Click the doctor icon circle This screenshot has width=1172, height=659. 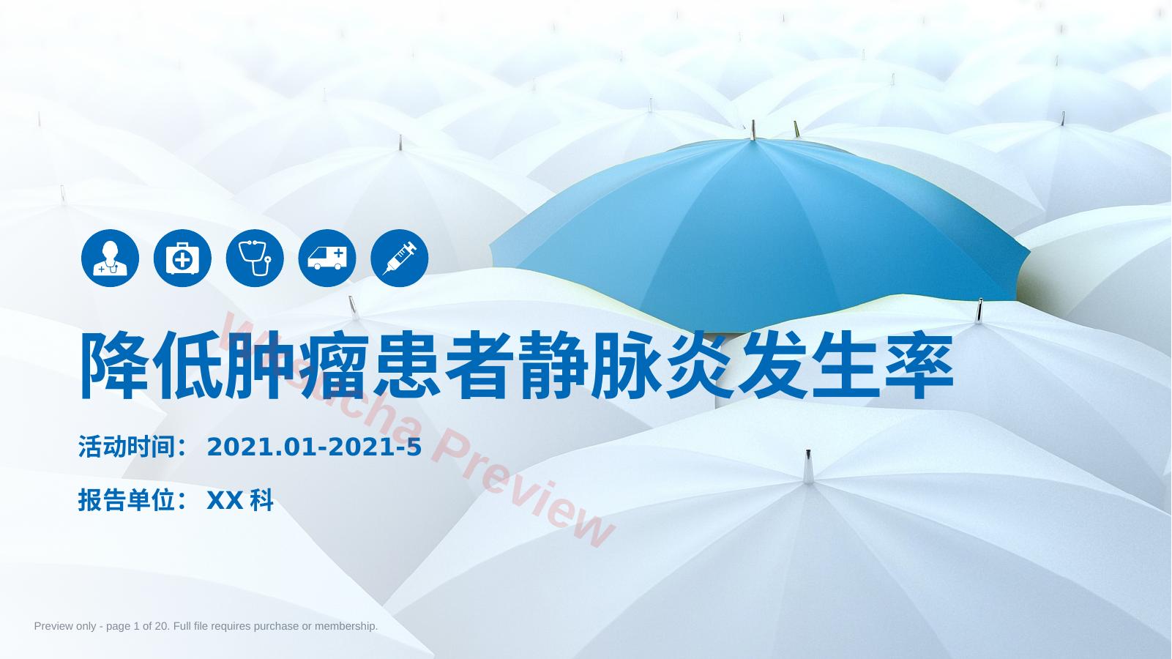(x=110, y=258)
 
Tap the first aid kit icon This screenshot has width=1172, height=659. (x=182, y=258)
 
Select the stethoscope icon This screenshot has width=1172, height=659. (x=255, y=258)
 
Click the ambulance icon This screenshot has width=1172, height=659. (x=327, y=258)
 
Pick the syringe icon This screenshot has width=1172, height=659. (x=399, y=258)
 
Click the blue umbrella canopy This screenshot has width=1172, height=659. (x=758, y=231)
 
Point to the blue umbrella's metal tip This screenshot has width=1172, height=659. (x=753, y=130)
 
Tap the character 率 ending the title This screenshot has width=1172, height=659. (x=919, y=365)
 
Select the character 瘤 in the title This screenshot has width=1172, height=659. (x=334, y=365)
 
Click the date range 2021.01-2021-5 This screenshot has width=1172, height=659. (x=314, y=447)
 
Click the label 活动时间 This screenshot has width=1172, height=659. (x=126, y=447)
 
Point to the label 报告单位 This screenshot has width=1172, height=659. (x=126, y=500)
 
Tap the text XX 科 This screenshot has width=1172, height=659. (x=240, y=500)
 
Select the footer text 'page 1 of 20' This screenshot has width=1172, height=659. (x=138, y=626)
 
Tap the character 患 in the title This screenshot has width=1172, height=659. (x=407, y=365)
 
